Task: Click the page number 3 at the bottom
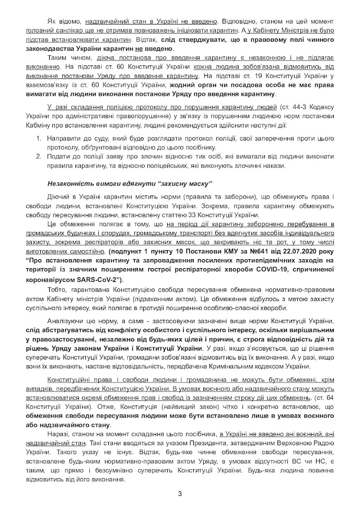pyautogui.click(x=179, y=493)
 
